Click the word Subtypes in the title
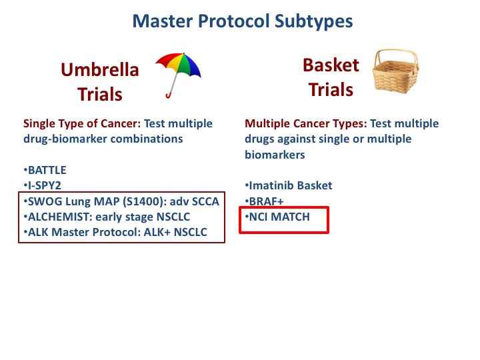coord(313,21)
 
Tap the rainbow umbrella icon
coord(178,75)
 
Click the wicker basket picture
coord(395,71)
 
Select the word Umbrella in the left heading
coord(100,69)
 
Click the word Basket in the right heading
coord(331,65)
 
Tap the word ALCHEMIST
coord(60,217)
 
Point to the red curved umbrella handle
coord(169,95)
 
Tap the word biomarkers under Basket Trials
coord(275,155)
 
